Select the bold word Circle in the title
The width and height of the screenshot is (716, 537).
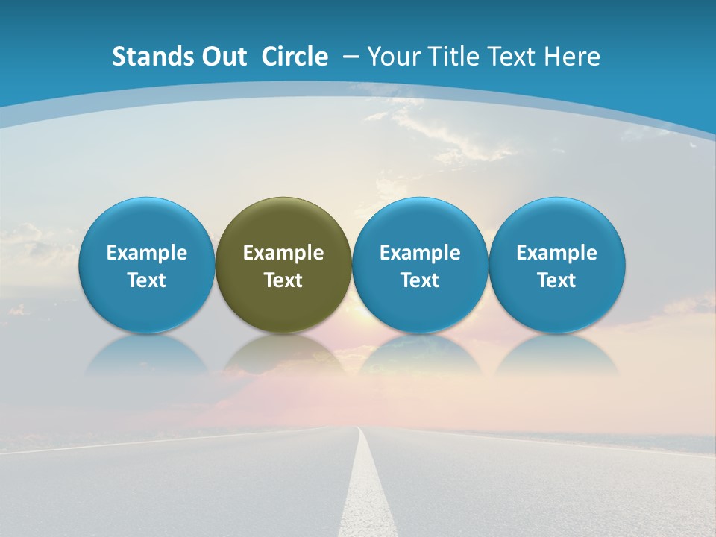pos(295,57)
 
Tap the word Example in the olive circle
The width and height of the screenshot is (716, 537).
pos(283,253)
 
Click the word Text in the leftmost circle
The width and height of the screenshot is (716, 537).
pos(146,280)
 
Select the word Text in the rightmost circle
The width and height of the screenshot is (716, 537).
pos(557,280)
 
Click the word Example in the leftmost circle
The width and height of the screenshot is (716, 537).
pos(146,253)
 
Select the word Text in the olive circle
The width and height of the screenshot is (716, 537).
pos(283,280)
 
